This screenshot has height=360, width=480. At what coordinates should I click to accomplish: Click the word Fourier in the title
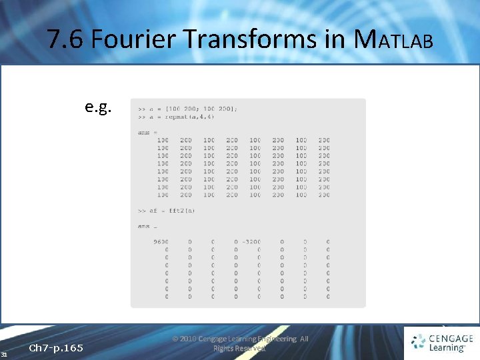(133, 40)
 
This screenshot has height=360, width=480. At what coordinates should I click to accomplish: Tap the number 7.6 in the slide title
(66, 40)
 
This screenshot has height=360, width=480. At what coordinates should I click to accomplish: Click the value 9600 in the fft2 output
(161, 242)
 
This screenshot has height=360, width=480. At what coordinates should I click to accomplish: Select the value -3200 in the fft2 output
(251, 242)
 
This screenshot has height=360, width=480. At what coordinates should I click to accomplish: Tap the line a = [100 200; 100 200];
(187, 109)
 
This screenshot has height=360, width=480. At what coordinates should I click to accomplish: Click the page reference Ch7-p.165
(56, 348)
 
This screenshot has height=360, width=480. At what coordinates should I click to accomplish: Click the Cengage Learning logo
(441, 343)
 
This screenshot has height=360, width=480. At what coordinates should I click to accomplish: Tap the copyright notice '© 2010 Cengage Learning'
(240, 339)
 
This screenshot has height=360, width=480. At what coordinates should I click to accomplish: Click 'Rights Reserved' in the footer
(239, 348)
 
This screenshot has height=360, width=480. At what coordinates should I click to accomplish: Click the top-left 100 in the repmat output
(163, 140)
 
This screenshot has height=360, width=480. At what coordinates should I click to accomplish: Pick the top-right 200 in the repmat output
(324, 140)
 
